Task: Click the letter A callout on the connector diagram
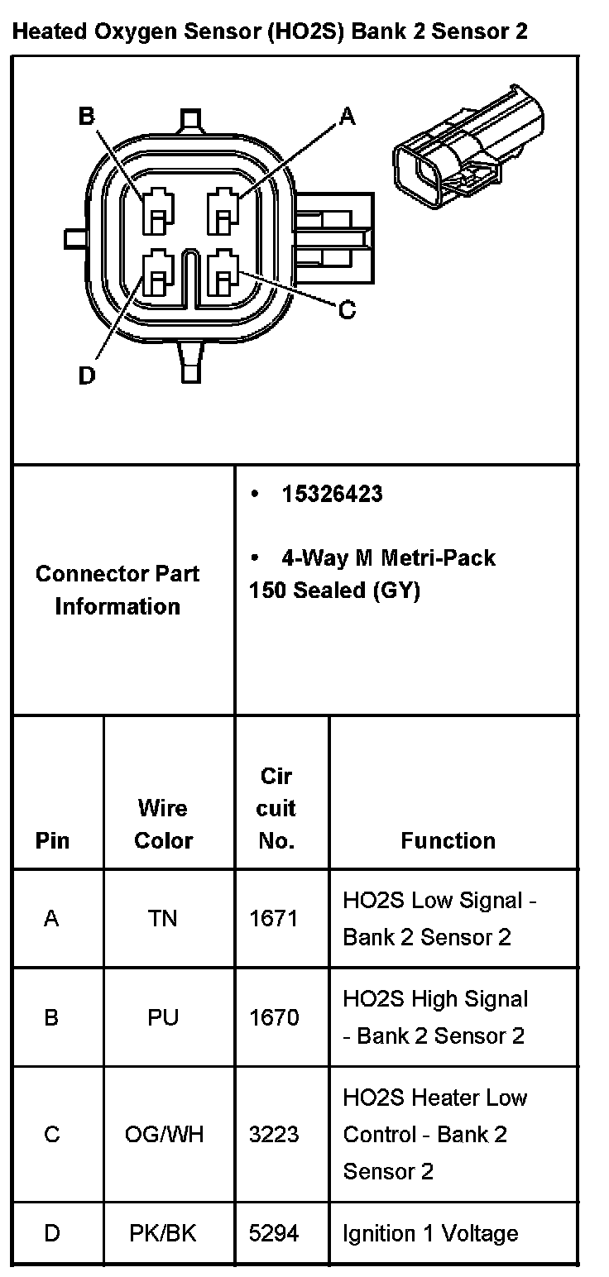tap(348, 117)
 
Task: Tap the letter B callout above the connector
tap(86, 117)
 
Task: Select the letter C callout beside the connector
tap(348, 310)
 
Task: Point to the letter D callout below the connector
tap(86, 376)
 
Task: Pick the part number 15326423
tap(332, 495)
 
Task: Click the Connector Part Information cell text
tap(117, 590)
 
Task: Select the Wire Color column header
tap(163, 824)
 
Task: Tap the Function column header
tap(448, 840)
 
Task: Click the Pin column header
tap(52, 840)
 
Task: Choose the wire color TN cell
tap(163, 918)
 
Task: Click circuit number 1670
tap(274, 1016)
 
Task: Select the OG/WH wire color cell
tap(163, 1134)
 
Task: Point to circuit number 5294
tap(274, 1234)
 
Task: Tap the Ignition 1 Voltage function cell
tap(430, 1234)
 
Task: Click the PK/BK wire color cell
tap(163, 1234)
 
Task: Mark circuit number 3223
tap(274, 1134)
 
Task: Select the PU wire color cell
tap(163, 1016)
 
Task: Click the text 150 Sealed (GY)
tap(334, 591)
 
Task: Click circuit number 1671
tap(274, 918)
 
